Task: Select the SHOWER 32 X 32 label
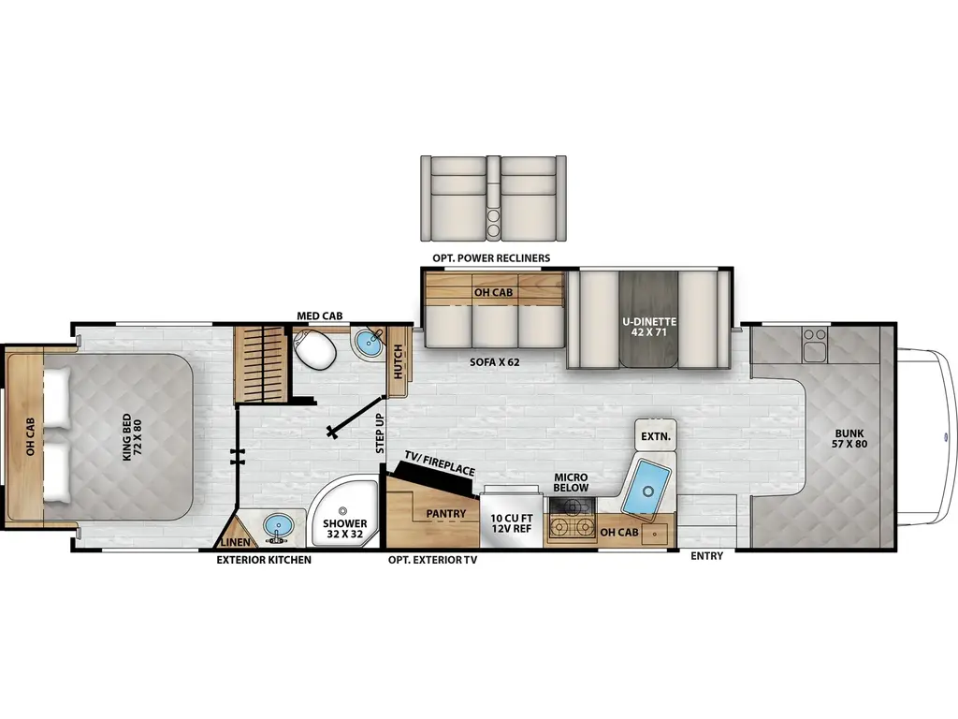345,528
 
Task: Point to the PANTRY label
445,514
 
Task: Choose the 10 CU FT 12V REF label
512,523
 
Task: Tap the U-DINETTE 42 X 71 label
649,327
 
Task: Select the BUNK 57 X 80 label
849,438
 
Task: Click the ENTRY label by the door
707,556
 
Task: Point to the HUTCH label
399,361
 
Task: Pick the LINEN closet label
235,542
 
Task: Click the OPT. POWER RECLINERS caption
491,258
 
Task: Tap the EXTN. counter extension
656,436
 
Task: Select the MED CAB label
320,316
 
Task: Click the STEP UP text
380,433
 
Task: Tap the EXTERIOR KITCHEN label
264,560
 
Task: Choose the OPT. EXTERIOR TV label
432,560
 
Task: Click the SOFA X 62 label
494,362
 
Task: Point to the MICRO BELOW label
572,482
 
